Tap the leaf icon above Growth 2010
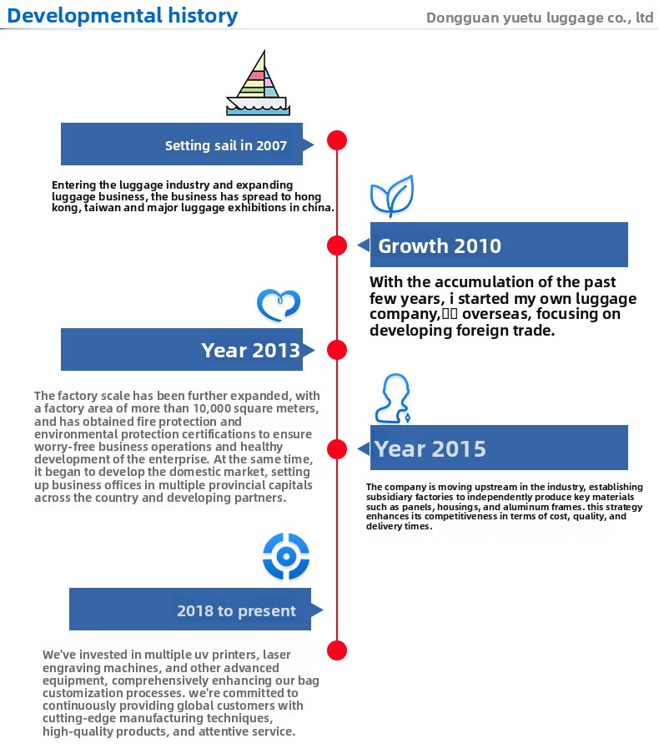[392, 196]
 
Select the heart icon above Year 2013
[279, 305]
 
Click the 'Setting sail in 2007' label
[226, 145]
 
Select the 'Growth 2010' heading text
[440, 245]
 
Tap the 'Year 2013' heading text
[250, 350]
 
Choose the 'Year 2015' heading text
[430, 448]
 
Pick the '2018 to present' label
[236, 610]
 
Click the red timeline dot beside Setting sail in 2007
[336, 140]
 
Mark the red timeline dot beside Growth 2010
[336, 245]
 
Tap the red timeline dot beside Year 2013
[336, 350]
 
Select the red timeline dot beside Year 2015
[336, 448]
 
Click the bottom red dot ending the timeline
[336, 650]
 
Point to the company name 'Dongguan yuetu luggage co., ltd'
[539, 18]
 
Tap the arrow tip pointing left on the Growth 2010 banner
[361, 245]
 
